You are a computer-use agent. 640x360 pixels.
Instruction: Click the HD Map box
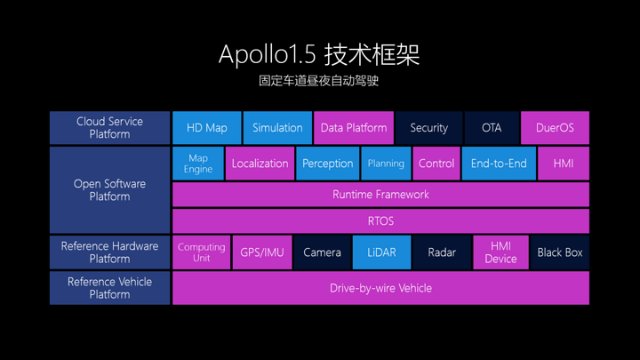(206, 128)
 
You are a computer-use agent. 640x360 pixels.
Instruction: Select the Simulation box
(277, 128)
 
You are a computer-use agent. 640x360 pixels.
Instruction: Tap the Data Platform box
(354, 128)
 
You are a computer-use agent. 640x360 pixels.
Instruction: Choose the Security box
(428, 128)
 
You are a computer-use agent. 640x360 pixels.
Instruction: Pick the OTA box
(492, 128)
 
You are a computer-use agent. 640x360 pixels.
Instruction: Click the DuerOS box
(555, 128)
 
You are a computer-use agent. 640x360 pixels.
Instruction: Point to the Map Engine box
(198, 164)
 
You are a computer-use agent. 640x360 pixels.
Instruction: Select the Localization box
(260, 164)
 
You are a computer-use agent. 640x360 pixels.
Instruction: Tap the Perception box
(327, 164)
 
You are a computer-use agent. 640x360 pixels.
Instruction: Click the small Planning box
(386, 164)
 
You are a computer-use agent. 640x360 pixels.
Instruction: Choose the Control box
(436, 164)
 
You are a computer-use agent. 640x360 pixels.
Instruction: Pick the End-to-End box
(499, 164)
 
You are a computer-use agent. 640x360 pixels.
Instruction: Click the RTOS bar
(380, 220)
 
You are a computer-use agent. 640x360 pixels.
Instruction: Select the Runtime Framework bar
(380, 194)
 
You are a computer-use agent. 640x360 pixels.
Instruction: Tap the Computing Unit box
(201, 252)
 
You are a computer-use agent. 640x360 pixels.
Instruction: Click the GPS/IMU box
(262, 252)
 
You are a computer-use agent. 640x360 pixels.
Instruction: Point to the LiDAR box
(381, 252)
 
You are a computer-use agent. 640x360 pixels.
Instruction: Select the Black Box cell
(560, 252)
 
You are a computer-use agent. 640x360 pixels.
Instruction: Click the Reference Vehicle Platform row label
(109, 288)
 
